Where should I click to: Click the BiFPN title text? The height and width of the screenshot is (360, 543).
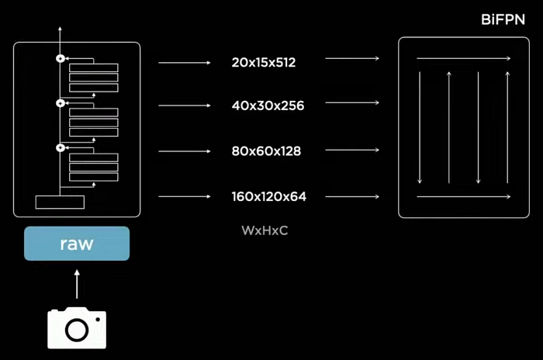(503, 19)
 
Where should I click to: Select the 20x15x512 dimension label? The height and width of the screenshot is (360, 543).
(264, 62)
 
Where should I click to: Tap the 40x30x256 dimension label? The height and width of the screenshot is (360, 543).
(268, 106)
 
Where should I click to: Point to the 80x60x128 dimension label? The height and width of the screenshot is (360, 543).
(266, 151)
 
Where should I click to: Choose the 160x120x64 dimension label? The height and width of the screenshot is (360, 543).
(268, 196)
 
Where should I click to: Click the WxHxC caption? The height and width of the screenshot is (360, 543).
(265, 230)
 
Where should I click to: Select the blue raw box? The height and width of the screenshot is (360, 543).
(77, 244)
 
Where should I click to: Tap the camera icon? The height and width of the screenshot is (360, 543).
(77, 327)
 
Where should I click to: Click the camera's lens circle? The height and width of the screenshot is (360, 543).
(77, 330)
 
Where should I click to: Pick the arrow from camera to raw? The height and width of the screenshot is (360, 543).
(77, 284)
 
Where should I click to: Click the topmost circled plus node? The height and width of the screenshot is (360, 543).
(61, 58)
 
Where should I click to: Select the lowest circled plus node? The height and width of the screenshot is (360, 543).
(61, 148)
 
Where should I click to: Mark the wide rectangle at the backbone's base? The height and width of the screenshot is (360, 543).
(60, 202)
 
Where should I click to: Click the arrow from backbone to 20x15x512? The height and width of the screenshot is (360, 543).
(185, 63)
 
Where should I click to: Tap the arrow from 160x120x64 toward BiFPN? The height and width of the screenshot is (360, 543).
(352, 197)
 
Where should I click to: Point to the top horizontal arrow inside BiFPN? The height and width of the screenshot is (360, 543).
(464, 58)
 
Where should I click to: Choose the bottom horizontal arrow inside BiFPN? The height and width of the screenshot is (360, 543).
(464, 197)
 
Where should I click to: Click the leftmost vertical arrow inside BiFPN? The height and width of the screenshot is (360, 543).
(420, 127)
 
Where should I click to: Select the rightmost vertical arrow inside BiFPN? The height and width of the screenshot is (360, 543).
(507, 127)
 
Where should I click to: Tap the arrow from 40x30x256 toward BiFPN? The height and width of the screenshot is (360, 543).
(352, 102)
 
